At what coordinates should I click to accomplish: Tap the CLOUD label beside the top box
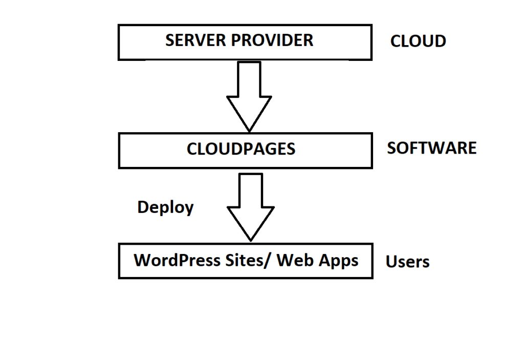point(418,41)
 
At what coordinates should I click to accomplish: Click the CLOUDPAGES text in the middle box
point(241,149)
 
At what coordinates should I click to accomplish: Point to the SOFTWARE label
point(431,148)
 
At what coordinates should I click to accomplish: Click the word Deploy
point(165,207)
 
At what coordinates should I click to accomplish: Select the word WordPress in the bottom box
point(177,260)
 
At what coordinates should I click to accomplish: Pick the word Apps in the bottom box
point(338,261)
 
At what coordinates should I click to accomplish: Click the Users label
point(407,262)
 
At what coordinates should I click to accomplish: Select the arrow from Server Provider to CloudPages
point(249,95)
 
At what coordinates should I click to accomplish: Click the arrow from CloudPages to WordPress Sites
point(251,205)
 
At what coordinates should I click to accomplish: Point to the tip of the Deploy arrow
point(251,240)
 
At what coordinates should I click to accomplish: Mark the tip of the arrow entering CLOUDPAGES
point(249,130)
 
